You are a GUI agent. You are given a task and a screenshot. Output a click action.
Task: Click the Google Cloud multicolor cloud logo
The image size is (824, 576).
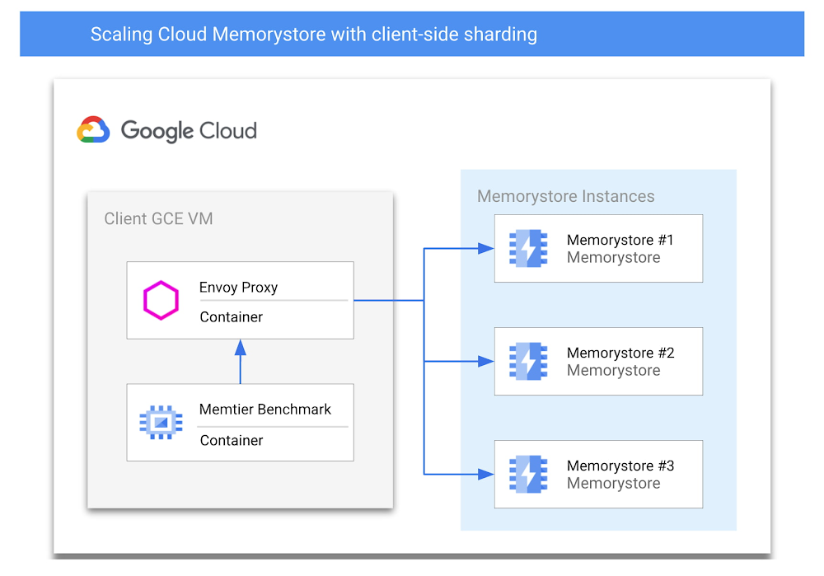tap(93, 130)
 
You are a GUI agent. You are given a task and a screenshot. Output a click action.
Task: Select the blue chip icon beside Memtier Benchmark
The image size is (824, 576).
tap(161, 423)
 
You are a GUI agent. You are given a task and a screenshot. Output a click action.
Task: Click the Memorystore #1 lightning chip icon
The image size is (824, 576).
tap(527, 248)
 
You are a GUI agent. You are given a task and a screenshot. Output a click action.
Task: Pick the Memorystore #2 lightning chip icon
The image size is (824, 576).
tap(527, 361)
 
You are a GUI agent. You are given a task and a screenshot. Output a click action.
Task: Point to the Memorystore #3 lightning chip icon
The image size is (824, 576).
tap(527, 474)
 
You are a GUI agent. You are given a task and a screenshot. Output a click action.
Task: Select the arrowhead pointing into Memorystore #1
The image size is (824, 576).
tap(486, 248)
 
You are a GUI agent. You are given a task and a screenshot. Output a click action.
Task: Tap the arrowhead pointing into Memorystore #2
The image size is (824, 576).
tap(486, 361)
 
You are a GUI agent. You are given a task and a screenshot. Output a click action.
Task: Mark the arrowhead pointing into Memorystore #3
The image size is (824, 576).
tap(486, 474)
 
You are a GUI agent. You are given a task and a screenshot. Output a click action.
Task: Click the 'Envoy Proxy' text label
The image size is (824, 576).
tap(238, 288)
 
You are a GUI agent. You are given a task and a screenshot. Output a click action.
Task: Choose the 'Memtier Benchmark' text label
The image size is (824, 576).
tap(265, 410)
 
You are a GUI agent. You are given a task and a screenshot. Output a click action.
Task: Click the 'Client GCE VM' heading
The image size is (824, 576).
tap(158, 218)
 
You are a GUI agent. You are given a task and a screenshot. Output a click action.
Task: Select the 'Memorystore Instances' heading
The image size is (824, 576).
tap(565, 196)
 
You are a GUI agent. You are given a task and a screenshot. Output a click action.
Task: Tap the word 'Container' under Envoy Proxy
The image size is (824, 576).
tap(232, 317)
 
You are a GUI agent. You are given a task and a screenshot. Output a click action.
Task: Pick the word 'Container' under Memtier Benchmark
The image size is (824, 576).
tap(232, 440)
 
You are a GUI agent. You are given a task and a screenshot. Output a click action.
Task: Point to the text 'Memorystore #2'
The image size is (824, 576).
tap(620, 353)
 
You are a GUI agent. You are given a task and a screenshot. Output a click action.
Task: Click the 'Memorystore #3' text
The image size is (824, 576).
tap(620, 466)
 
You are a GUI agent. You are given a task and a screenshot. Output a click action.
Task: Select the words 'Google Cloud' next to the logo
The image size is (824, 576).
tap(189, 131)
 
